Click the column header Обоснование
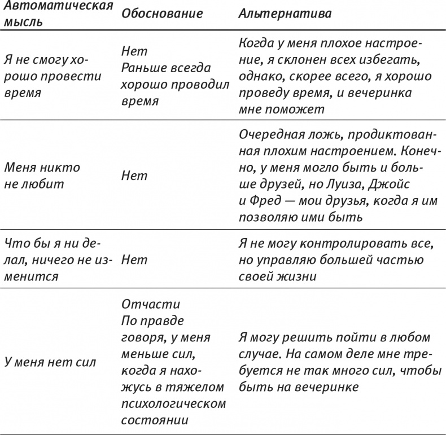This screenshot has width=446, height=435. (161, 14)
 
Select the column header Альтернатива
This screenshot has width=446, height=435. (285, 14)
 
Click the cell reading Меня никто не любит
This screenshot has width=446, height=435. (42, 175)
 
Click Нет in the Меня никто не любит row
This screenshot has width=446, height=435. (134, 175)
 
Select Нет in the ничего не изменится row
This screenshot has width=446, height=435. (134, 260)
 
